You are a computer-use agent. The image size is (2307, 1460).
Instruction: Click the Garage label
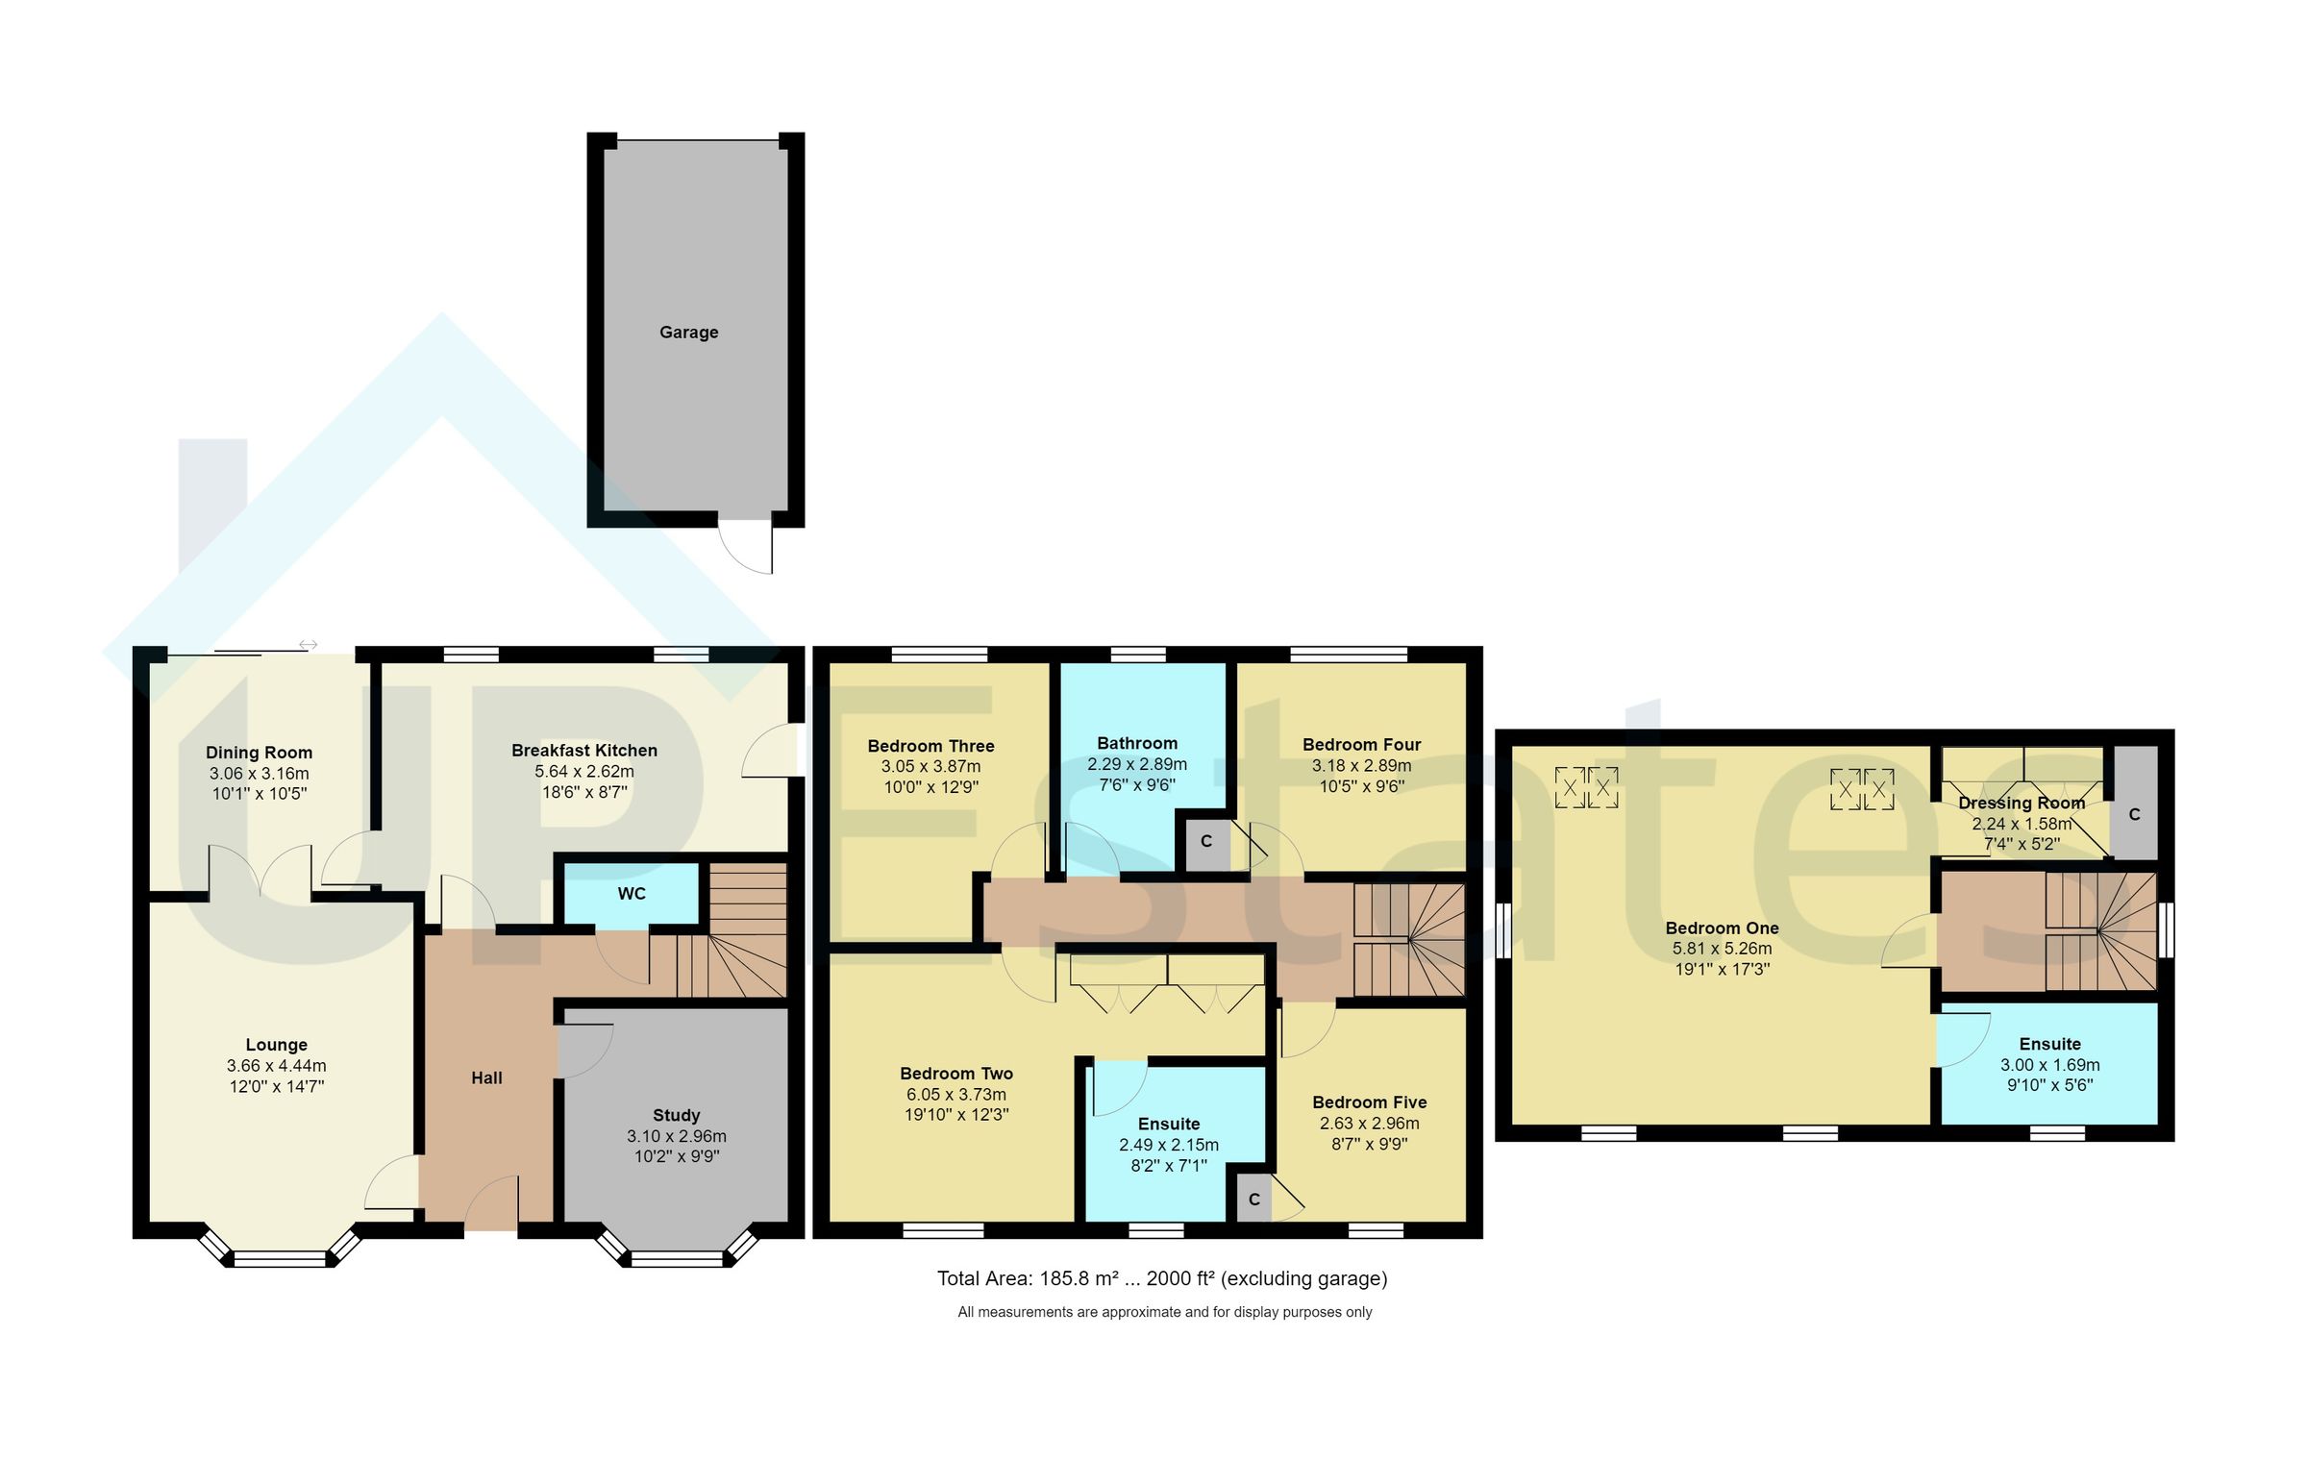(688, 333)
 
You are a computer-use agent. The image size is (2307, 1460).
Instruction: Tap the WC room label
(632, 894)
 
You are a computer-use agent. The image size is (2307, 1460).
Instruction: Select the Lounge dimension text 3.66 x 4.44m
(276, 1066)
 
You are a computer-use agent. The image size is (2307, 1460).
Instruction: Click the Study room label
(676, 1115)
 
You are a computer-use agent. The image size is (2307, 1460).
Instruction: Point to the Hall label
(486, 1078)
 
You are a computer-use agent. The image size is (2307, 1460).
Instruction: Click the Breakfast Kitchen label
(583, 751)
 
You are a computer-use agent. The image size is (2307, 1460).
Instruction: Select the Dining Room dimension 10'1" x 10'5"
(259, 794)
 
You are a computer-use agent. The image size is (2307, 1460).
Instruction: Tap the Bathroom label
(1137, 743)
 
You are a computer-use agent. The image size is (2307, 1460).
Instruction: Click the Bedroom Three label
(930, 746)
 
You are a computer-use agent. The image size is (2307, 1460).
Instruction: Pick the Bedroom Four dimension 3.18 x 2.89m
(1361, 766)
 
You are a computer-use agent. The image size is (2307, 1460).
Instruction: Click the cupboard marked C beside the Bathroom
(1205, 842)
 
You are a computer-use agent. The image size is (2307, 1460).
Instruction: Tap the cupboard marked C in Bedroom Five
(1253, 1200)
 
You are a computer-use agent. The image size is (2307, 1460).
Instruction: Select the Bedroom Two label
(956, 1074)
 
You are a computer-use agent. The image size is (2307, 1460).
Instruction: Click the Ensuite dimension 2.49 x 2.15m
(1168, 1145)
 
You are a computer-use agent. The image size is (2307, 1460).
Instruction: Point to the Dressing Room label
(2022, 803)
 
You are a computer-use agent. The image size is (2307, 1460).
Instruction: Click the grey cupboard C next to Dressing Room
(2134, 814)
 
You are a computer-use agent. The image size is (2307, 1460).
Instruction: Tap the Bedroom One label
(1722, 928)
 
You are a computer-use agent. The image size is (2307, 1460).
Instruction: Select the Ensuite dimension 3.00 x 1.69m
(2049, 1065)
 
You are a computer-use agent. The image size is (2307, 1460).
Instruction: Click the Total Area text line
(1162, 1278)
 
